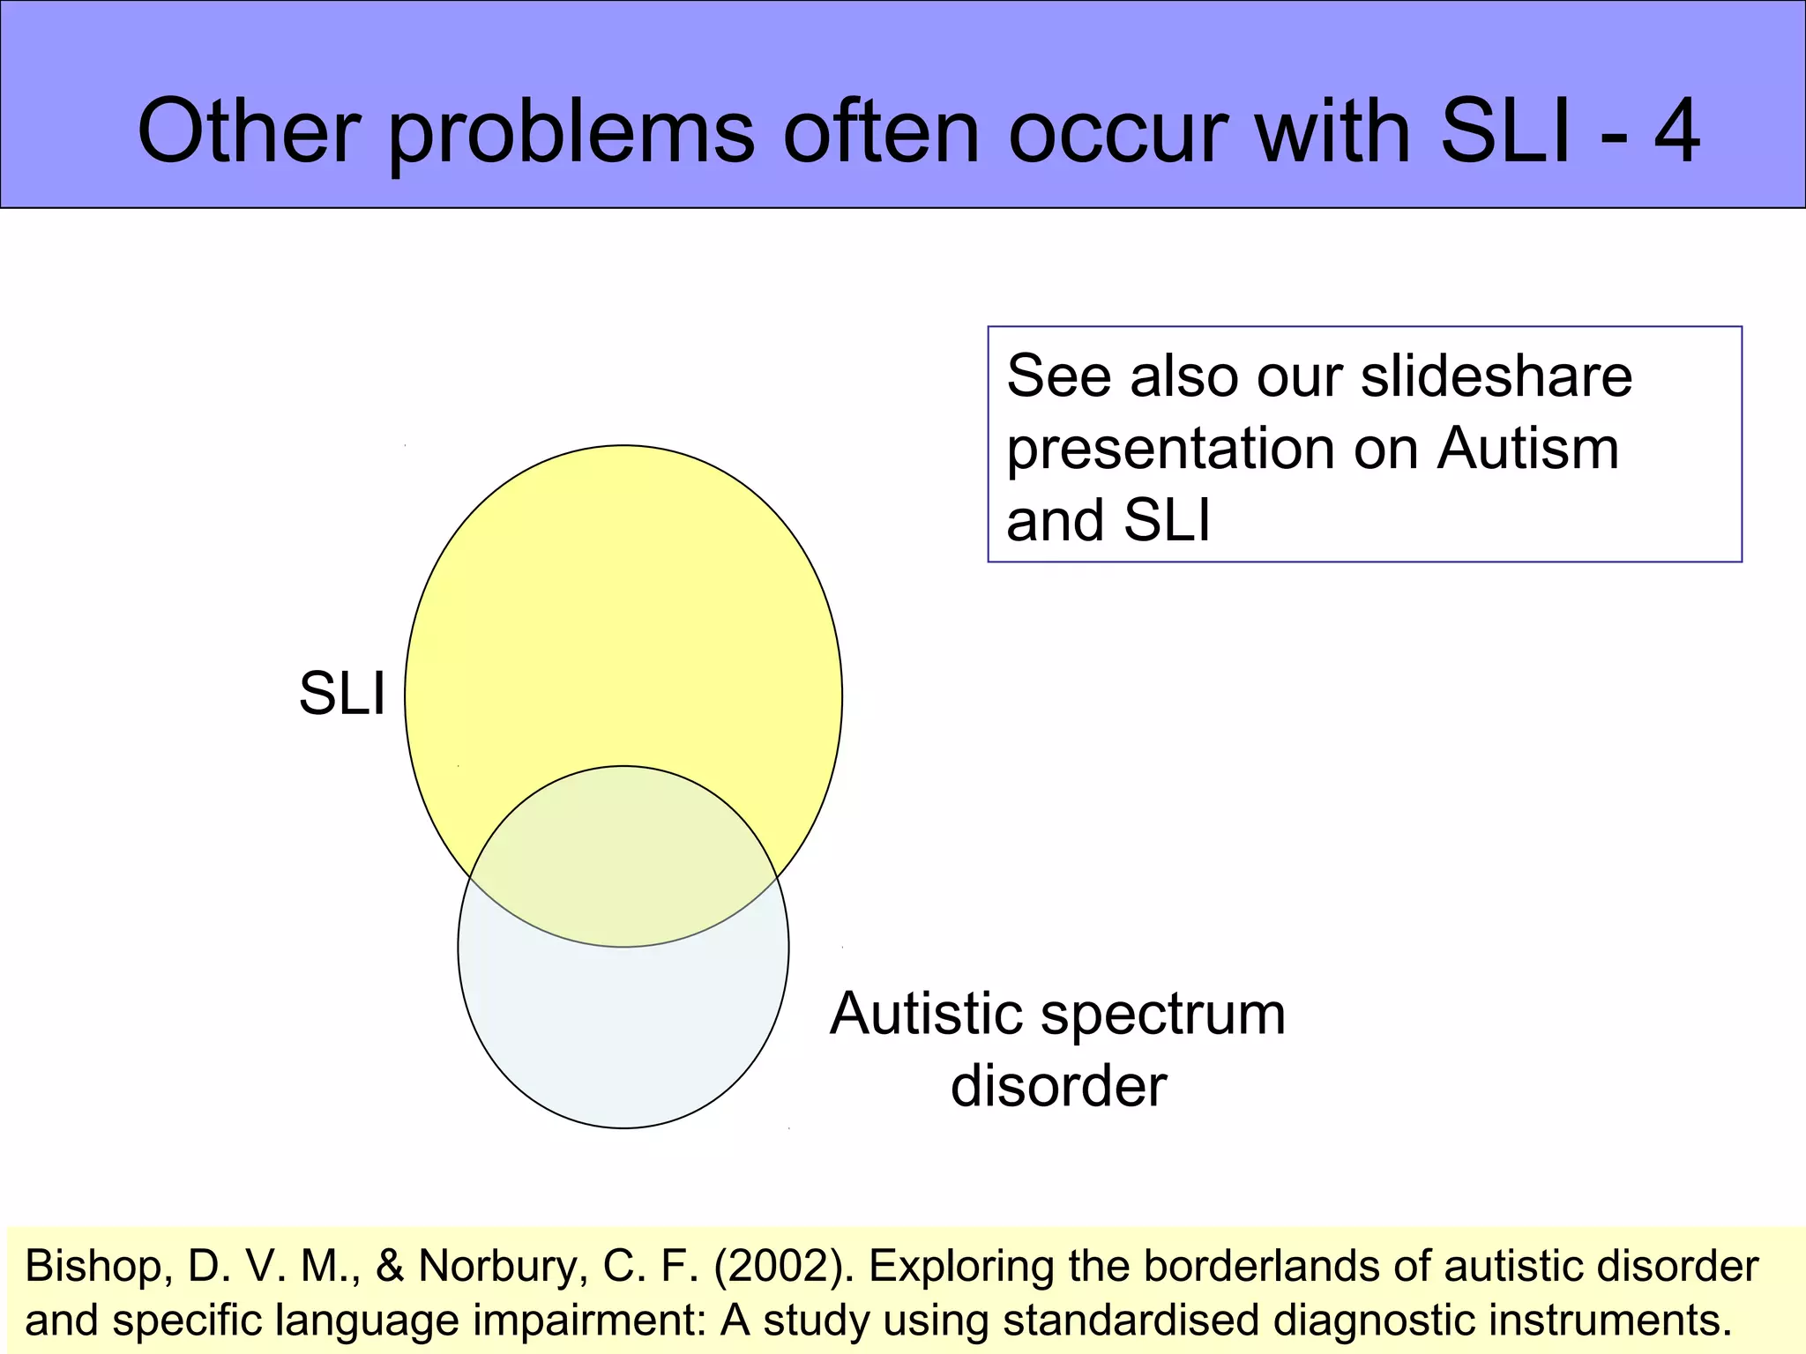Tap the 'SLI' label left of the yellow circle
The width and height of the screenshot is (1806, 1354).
(342, 694)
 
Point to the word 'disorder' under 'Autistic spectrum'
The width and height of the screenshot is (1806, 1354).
(1058, 1085)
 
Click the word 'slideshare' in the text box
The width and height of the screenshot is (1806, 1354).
(1496, 376)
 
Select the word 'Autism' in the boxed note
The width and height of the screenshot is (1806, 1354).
(1528, 449)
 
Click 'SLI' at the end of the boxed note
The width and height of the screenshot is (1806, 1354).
(1167, 520)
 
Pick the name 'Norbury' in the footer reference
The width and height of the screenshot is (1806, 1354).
(504, 1267)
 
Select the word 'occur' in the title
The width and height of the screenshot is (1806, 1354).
(1119, 132)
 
